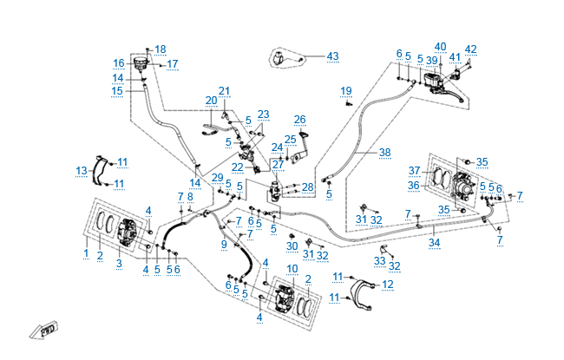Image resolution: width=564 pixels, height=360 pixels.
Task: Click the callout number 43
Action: [332, 56]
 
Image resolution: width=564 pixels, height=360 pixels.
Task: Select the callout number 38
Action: [384, 152]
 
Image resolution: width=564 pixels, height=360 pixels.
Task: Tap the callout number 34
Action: [434, 244]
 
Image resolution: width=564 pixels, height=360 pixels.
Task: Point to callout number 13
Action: [81, 170]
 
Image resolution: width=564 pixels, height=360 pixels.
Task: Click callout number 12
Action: [387, 285]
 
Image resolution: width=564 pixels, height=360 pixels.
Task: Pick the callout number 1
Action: [86, 252]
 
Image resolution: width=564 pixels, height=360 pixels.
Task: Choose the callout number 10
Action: [292, 268]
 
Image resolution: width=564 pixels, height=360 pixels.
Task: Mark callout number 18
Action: [160, 49]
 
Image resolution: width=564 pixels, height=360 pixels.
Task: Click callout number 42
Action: [471, 49]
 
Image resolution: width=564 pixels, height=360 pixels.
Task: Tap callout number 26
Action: [300, 120]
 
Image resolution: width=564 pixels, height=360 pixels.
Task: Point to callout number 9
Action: [223, 245]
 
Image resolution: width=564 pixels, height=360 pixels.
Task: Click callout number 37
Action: [415, 170]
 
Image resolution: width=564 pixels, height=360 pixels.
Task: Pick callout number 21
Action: [225, 91]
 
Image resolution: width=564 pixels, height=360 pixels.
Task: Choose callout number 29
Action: [218, 178]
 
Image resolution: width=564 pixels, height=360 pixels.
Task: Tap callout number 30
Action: [292, 246]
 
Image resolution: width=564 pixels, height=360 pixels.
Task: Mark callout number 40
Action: [440, 46]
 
